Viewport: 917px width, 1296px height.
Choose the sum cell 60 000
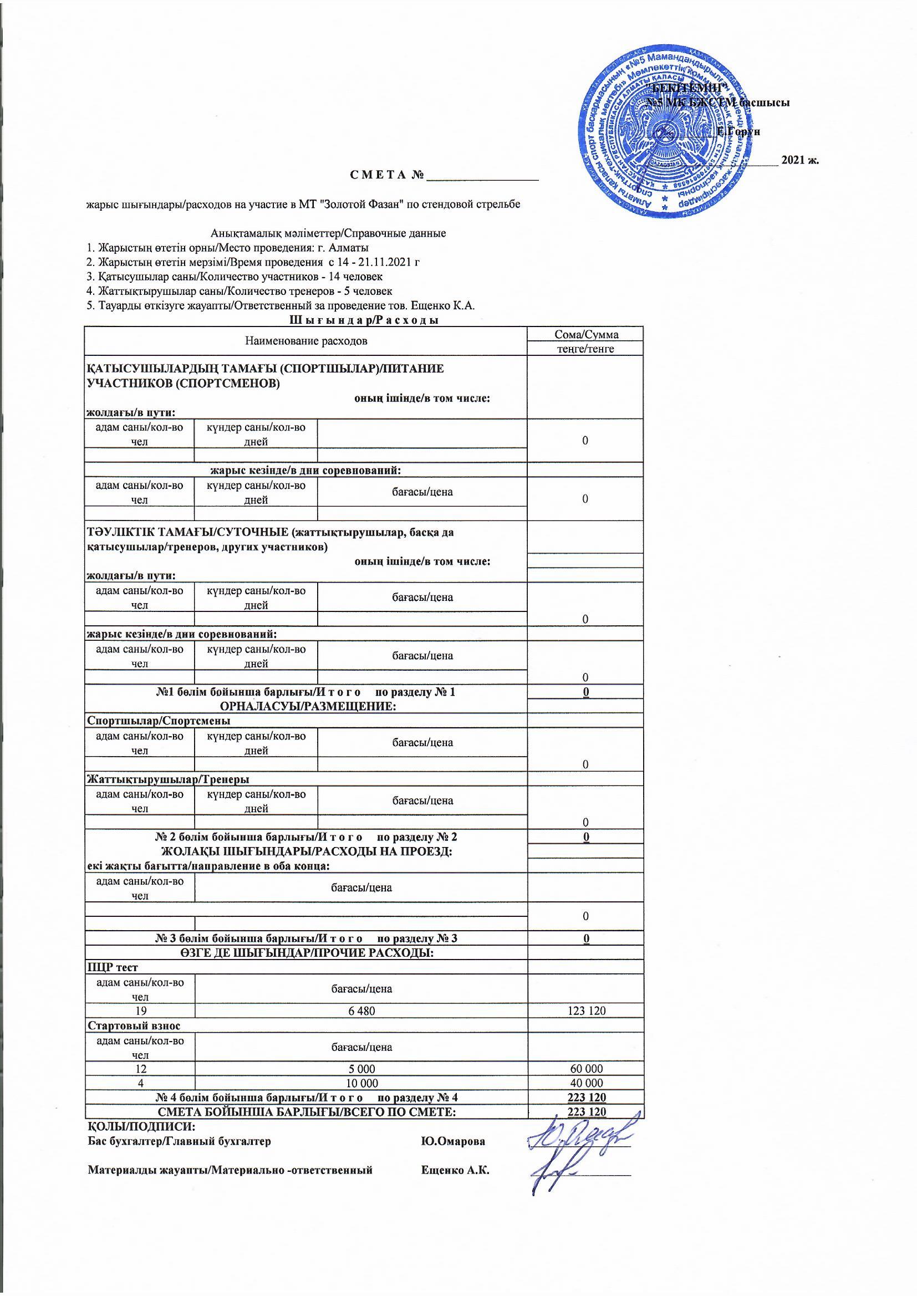585,1069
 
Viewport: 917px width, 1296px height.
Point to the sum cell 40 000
585,1083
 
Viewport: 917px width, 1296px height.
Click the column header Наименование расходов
305,341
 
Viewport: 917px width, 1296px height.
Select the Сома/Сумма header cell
585,334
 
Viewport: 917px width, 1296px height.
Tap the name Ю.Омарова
453,1141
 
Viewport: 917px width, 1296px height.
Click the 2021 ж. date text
799,160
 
